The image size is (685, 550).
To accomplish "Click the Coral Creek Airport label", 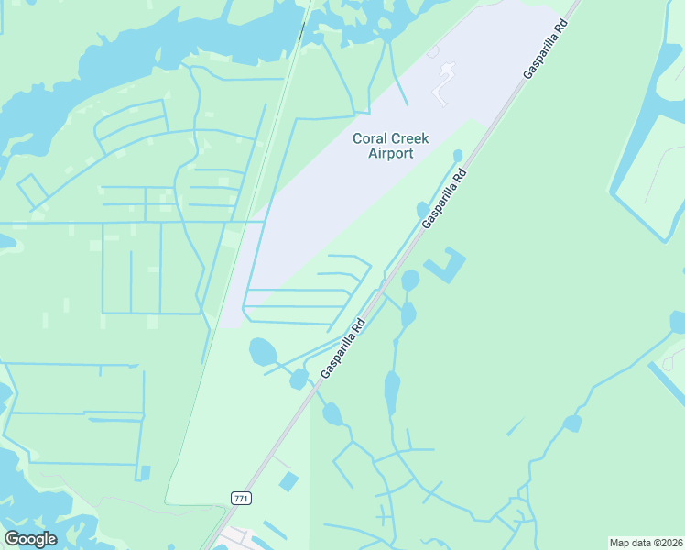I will tap(384, 146).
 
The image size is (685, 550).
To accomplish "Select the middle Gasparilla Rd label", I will tap(444, 199).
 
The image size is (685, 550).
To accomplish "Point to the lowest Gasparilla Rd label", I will tap(343, 347).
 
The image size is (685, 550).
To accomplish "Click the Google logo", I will tap(30, 539).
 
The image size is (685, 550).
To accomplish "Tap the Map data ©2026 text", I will tap(646, 543).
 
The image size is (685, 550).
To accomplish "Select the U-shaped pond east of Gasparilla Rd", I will tap(446, 266).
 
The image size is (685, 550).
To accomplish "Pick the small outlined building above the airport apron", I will tap(432, 52).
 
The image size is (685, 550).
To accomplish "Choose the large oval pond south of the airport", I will tap(263, 350).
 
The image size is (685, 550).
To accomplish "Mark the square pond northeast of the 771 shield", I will tap(288, 481).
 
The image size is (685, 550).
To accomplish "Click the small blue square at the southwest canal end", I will tap(145, 473).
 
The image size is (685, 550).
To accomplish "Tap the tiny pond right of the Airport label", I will tap(458, 155).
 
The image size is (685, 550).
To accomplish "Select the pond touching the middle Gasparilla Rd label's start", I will tap(422, 210).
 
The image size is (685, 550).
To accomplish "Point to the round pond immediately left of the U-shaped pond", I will tap(410, 280).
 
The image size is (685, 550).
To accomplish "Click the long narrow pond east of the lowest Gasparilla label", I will tap(392, 392).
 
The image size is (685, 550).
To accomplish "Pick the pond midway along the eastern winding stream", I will tap(571, 423).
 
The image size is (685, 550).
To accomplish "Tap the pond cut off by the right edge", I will tap(678, 322).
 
